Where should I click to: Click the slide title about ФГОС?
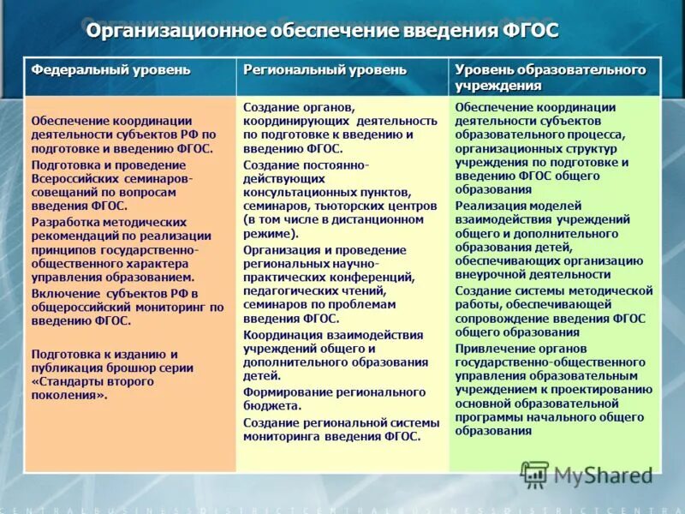322,32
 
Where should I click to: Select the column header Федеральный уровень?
111,70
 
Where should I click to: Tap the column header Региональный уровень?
325,70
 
